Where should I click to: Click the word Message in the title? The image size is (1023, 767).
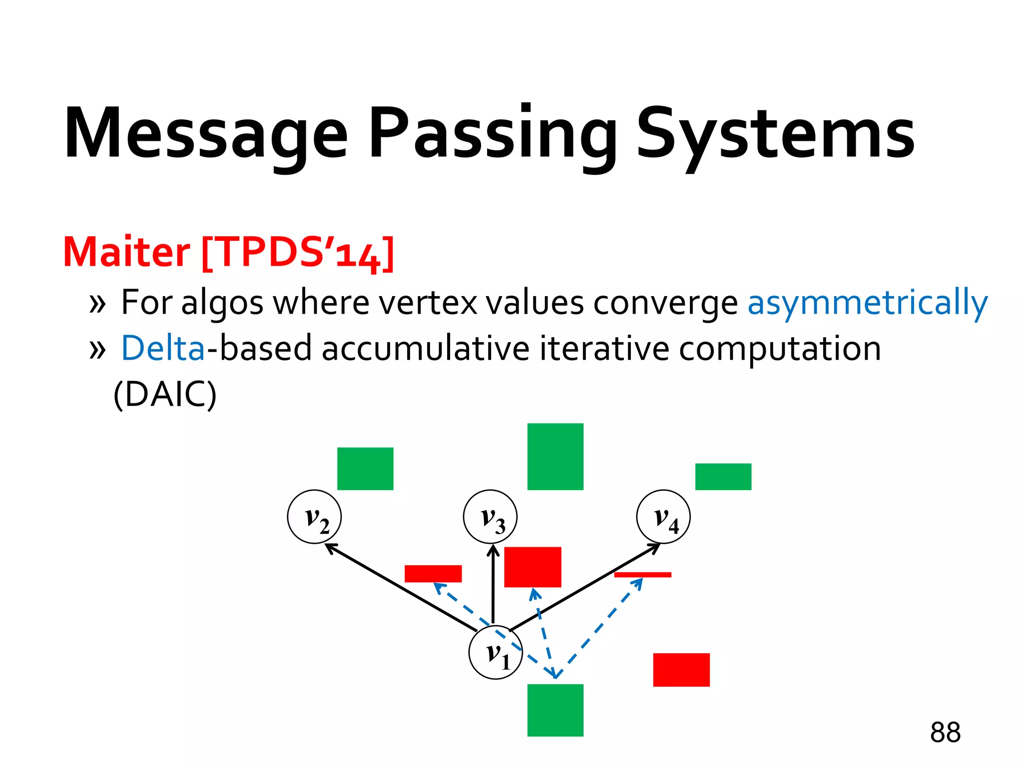click(x=205, y=134)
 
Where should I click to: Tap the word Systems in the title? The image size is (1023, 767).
click(x=775, y=134)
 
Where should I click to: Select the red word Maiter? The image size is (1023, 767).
click(x=126, y=252)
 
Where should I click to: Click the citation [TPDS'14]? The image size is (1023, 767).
click(x=298, y=253)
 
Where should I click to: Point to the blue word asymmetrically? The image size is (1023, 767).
click(x=867, y=303)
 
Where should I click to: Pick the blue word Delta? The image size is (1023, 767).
click(x=163, y=348)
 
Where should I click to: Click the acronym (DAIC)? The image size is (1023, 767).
click(x=165, y=394)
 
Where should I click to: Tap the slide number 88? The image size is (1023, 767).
click(x=945, y=733)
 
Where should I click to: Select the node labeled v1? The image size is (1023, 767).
click(x=496, y=652)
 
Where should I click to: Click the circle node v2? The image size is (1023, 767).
click(x=314, y=516)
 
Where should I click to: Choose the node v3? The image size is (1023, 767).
click(x=490, y=516)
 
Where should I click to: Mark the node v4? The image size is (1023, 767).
click(x=663, y=516)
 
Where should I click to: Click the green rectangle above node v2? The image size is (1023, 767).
click(x=365, y=468)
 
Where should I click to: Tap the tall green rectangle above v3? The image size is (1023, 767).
click(x=555, y=456)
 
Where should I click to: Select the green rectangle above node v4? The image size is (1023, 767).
click(x=723, y=476)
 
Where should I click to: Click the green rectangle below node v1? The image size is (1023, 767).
click(x=555, y=710)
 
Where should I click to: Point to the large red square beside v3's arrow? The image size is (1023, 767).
click(x=532, y=567)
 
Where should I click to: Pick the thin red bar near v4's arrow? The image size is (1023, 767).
click(x=642, y=575)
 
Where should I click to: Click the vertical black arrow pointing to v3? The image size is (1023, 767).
click(x=493, y=584)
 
